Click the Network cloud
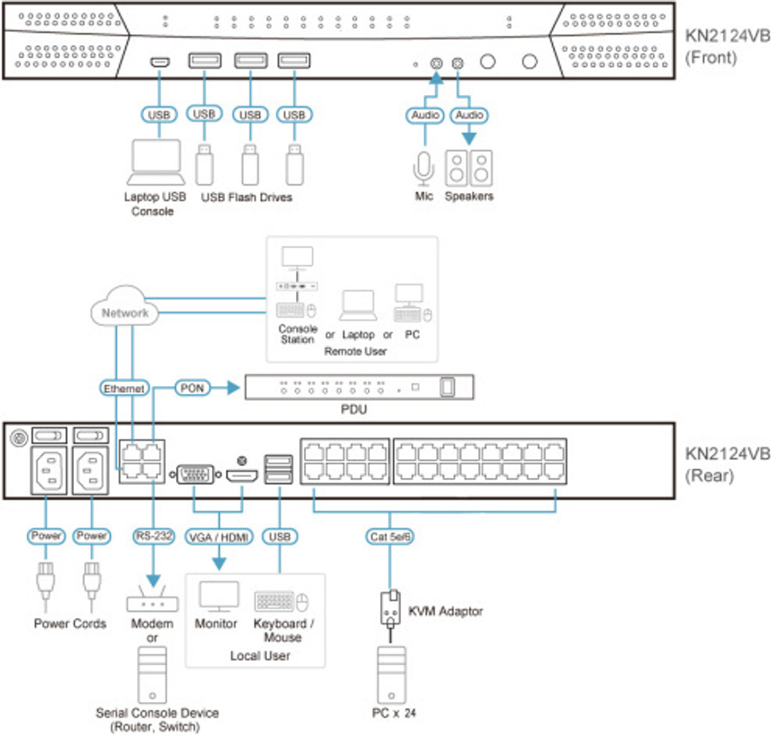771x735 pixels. tap(123, 312)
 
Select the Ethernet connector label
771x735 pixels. tap(124, 389)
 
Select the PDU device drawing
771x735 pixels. tap(359, 388)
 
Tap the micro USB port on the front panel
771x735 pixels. tap(160, 61)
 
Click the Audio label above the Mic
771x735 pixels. tap(424, 115)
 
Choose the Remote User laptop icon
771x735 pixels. tap(359, 306)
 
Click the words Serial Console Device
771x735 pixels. tap(157, 713)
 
